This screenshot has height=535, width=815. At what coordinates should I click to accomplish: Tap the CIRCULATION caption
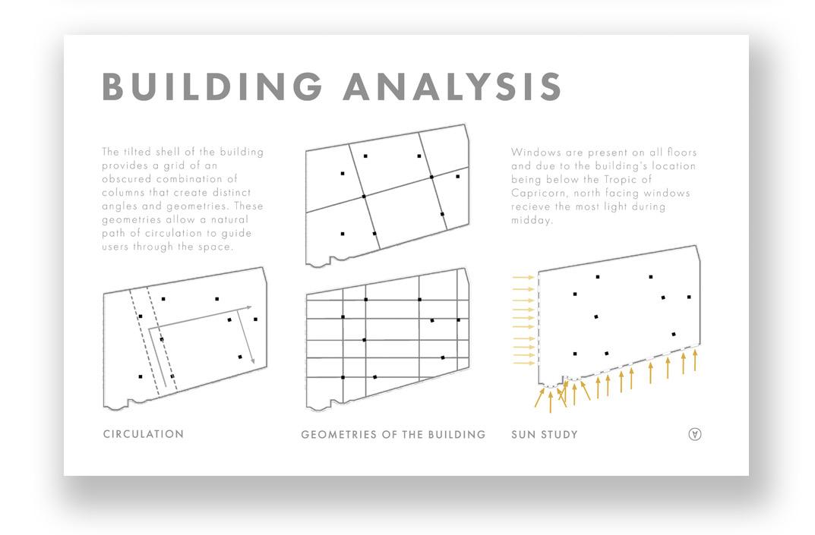144,434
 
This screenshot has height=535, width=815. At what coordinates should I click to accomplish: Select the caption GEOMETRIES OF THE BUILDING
393,435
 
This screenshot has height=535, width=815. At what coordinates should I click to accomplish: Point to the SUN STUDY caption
545,435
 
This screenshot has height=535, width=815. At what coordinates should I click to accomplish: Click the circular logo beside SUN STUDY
694,434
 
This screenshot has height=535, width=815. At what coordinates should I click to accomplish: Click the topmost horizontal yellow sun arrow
524,278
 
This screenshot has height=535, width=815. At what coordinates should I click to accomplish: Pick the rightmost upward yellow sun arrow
695,360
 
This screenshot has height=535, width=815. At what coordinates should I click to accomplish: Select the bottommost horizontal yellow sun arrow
524,363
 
